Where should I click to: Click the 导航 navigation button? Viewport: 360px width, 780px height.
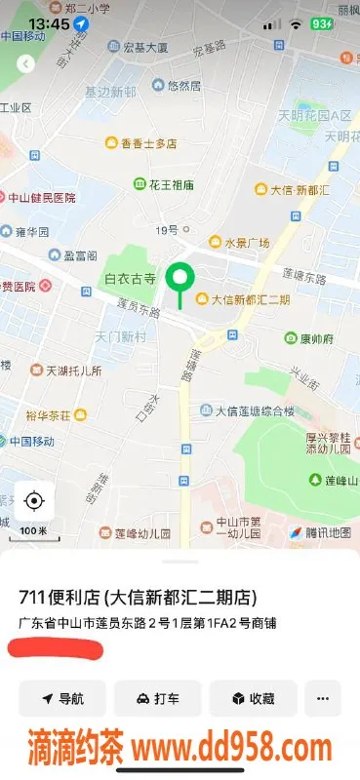click(x=62, y=698)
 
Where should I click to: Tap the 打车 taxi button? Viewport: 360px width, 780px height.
click(x=157, y=698)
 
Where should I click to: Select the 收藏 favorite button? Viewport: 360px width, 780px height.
click(x=252, y=698)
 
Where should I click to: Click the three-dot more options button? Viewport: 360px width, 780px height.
click(x=323, y=698)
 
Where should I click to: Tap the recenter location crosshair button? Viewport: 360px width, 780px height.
click(x=34, y=501)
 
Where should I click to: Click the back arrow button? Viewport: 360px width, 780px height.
click(x=25, y=63)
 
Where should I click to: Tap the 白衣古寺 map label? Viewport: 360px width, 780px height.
click(x=131, y=279)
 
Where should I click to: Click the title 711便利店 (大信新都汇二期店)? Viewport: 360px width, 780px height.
click(x=140, y=597)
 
